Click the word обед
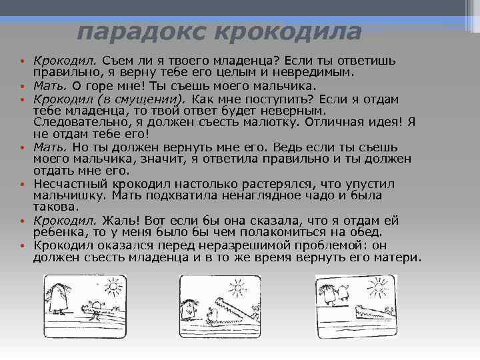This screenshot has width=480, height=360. point(368,232)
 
